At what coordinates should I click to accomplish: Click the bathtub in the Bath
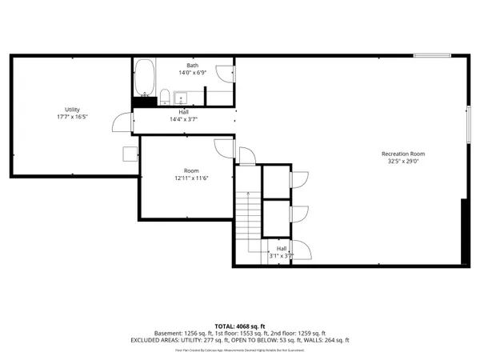[x=145, y=78]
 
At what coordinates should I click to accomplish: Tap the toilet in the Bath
[x=165, y=98]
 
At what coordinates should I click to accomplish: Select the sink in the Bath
[x=179, y=99]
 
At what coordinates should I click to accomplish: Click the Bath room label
[x=193, y=66]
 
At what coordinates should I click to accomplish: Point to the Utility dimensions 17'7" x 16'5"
[x=72, y=117]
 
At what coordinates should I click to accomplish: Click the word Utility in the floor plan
[x=72, y=110]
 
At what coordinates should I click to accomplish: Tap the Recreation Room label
[x=402, y=154]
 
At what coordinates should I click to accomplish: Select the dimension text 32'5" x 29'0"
[x=402, y=161]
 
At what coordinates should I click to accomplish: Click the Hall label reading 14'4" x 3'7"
[x=183, y=119]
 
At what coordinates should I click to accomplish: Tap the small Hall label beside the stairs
[x=282, y=253]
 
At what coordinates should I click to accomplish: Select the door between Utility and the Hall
[x=122, y=122]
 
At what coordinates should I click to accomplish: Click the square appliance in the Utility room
[x=128, y=154]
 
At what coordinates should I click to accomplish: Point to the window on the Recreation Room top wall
[x=432, y=55]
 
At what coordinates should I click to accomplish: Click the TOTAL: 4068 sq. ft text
[x=239, y=326]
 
